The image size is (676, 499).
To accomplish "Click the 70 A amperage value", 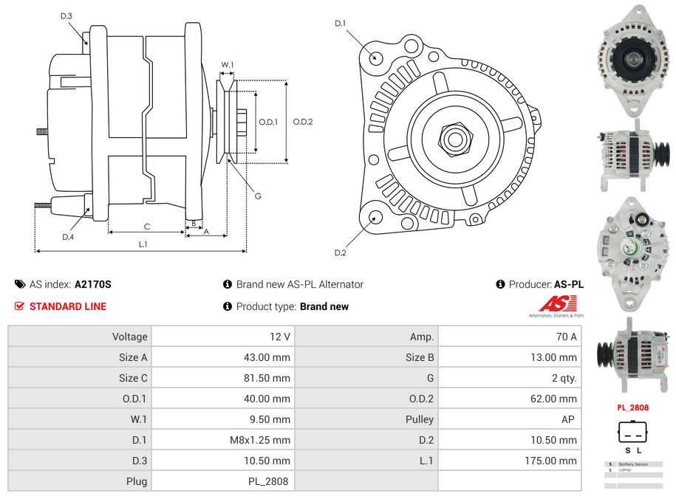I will [x=566, y=337].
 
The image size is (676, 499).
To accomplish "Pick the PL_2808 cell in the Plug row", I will [x=270, y=481].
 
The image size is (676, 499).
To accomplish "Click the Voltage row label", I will [x=129, y=337].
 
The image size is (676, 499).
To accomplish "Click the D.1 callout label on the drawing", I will [x=340, y=24].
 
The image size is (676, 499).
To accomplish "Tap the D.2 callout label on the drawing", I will [x=340, y=253].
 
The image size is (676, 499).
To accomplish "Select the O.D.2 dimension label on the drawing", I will [x=303, y=122].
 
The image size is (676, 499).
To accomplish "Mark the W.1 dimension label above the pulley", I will [x=228, y=65].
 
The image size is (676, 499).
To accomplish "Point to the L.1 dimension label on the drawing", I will [x=143, y=244].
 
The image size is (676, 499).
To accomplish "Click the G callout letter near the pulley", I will [x=258, y=196].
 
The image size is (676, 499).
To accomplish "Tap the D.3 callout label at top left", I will [x=66, y=16].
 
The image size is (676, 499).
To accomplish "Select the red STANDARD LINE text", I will [x=67, y=306].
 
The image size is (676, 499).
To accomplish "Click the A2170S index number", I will [x=92, y=284].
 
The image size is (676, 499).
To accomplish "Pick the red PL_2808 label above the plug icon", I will [x=633, y=407].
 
